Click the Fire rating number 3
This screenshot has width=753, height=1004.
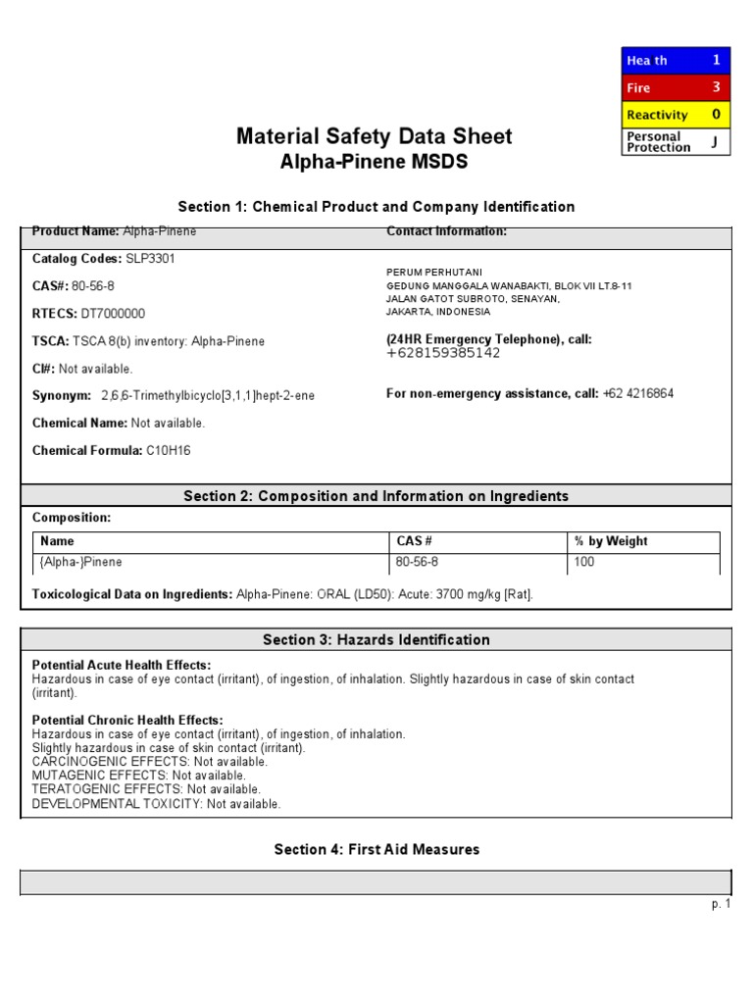(x=716, y=87)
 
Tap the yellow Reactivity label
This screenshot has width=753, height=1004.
(x=657, y=115)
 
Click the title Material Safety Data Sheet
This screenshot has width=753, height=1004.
(x=375, y=136)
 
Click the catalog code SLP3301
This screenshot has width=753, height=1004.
(x=151, y=259)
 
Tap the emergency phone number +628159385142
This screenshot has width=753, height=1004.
(x=443, y=353)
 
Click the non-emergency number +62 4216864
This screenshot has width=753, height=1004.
(x=638, y=394)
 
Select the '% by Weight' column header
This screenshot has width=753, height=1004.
(x=611, y=541)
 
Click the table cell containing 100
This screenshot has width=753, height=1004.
(x=584, y=563)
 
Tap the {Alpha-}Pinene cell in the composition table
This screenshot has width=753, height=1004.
(x=81, y=563)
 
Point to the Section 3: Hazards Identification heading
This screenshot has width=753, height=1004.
(x=376, y=640)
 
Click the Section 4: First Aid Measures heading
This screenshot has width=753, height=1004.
(x=376, y=849)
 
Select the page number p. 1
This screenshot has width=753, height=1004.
(x=722, y=904)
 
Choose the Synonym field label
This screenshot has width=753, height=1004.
(x=62, y=395)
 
